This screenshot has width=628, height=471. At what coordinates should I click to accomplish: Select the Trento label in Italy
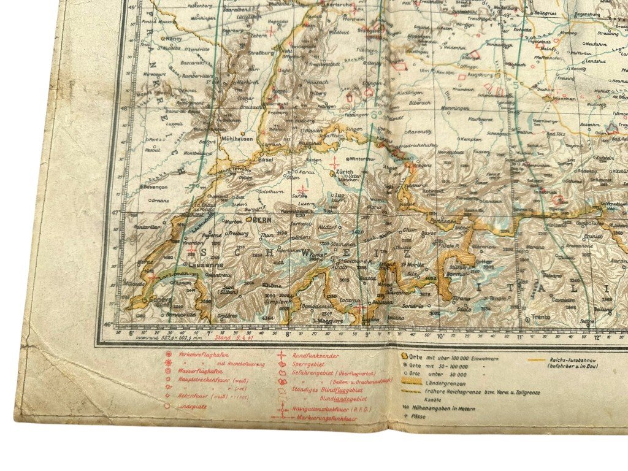pyautogui.click(x=540, y=316)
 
